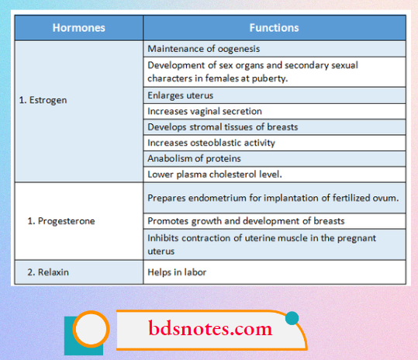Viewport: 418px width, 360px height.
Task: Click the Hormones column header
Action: click(x=79, y=28)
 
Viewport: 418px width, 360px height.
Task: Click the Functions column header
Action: click(x=274, y=28)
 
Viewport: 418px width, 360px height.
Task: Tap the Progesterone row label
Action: click(x=61, y=221)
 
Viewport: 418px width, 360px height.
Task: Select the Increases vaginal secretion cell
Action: click(x=204, y=112)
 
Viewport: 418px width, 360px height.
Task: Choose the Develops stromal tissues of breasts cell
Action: click(x=223, y=127)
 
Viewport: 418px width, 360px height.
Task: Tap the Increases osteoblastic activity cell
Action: click(x=211, y=143)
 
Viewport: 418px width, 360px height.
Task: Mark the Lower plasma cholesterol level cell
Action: click(x=214, y=174)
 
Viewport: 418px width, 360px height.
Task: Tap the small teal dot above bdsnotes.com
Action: click(x=292, y=317)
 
